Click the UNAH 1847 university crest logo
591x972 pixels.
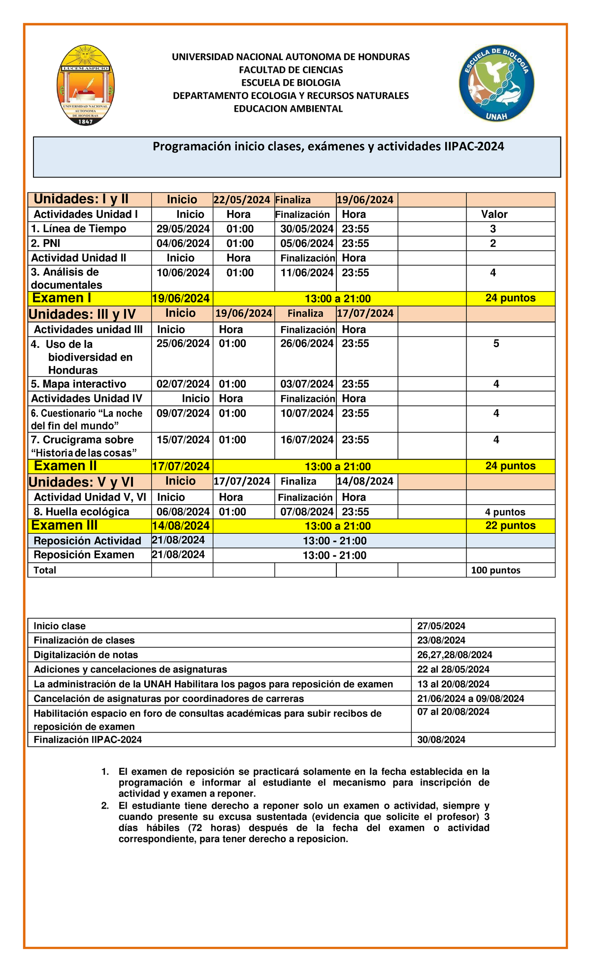tap(86, 85)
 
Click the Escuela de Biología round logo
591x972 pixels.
tap(496, 84)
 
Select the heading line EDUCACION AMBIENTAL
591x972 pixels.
tap(288, 109)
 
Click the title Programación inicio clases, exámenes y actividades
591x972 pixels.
tap(328, 147)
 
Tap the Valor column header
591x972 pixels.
tap(494, 214)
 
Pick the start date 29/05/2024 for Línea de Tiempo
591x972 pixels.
tap(183, 229)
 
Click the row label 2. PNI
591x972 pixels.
tap(46, 243)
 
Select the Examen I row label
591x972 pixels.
tap(62, 298)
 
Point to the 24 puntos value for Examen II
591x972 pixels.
tap(510, 466)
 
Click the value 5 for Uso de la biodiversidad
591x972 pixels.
tap(496, 344)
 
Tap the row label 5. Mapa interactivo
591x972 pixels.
tap(78, 384)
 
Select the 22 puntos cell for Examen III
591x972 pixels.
tap(510, 525)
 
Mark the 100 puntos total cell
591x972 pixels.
tap(495, 571)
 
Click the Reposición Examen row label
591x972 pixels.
tap(84, 555)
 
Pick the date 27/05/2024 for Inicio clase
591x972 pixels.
tap(441, 626)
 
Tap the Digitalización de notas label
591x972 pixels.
tap(86, 655)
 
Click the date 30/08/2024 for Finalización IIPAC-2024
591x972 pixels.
tap(441, 740)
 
